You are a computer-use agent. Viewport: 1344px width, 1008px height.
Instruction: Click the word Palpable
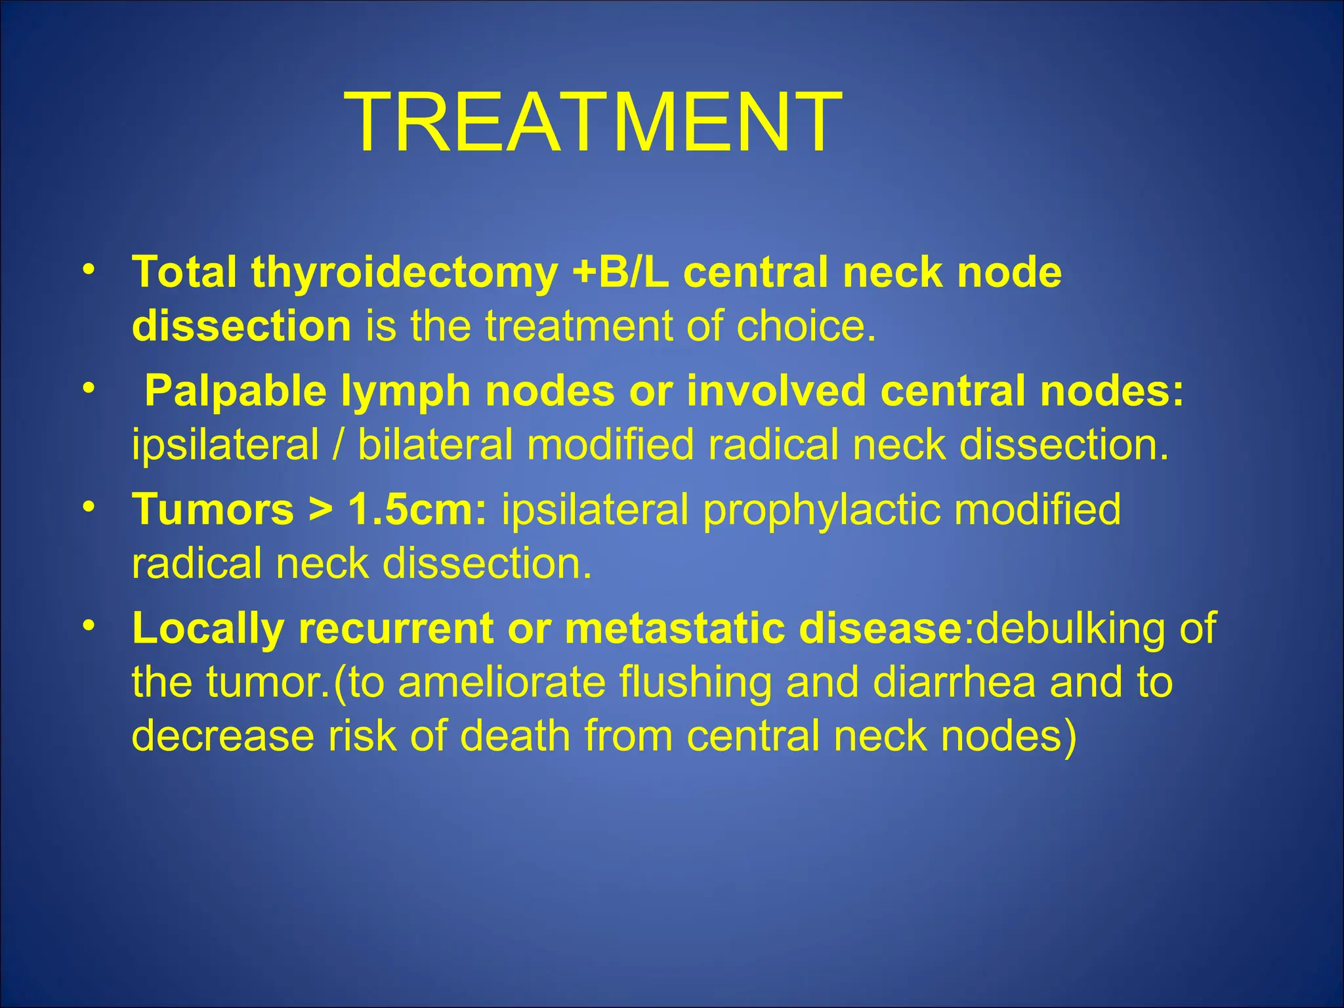point(236,392)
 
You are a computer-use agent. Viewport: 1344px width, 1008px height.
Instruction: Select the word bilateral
point(435,445)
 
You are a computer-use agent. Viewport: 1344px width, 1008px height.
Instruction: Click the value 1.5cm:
point(417,510)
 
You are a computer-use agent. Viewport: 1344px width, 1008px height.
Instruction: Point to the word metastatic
point(674,629)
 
